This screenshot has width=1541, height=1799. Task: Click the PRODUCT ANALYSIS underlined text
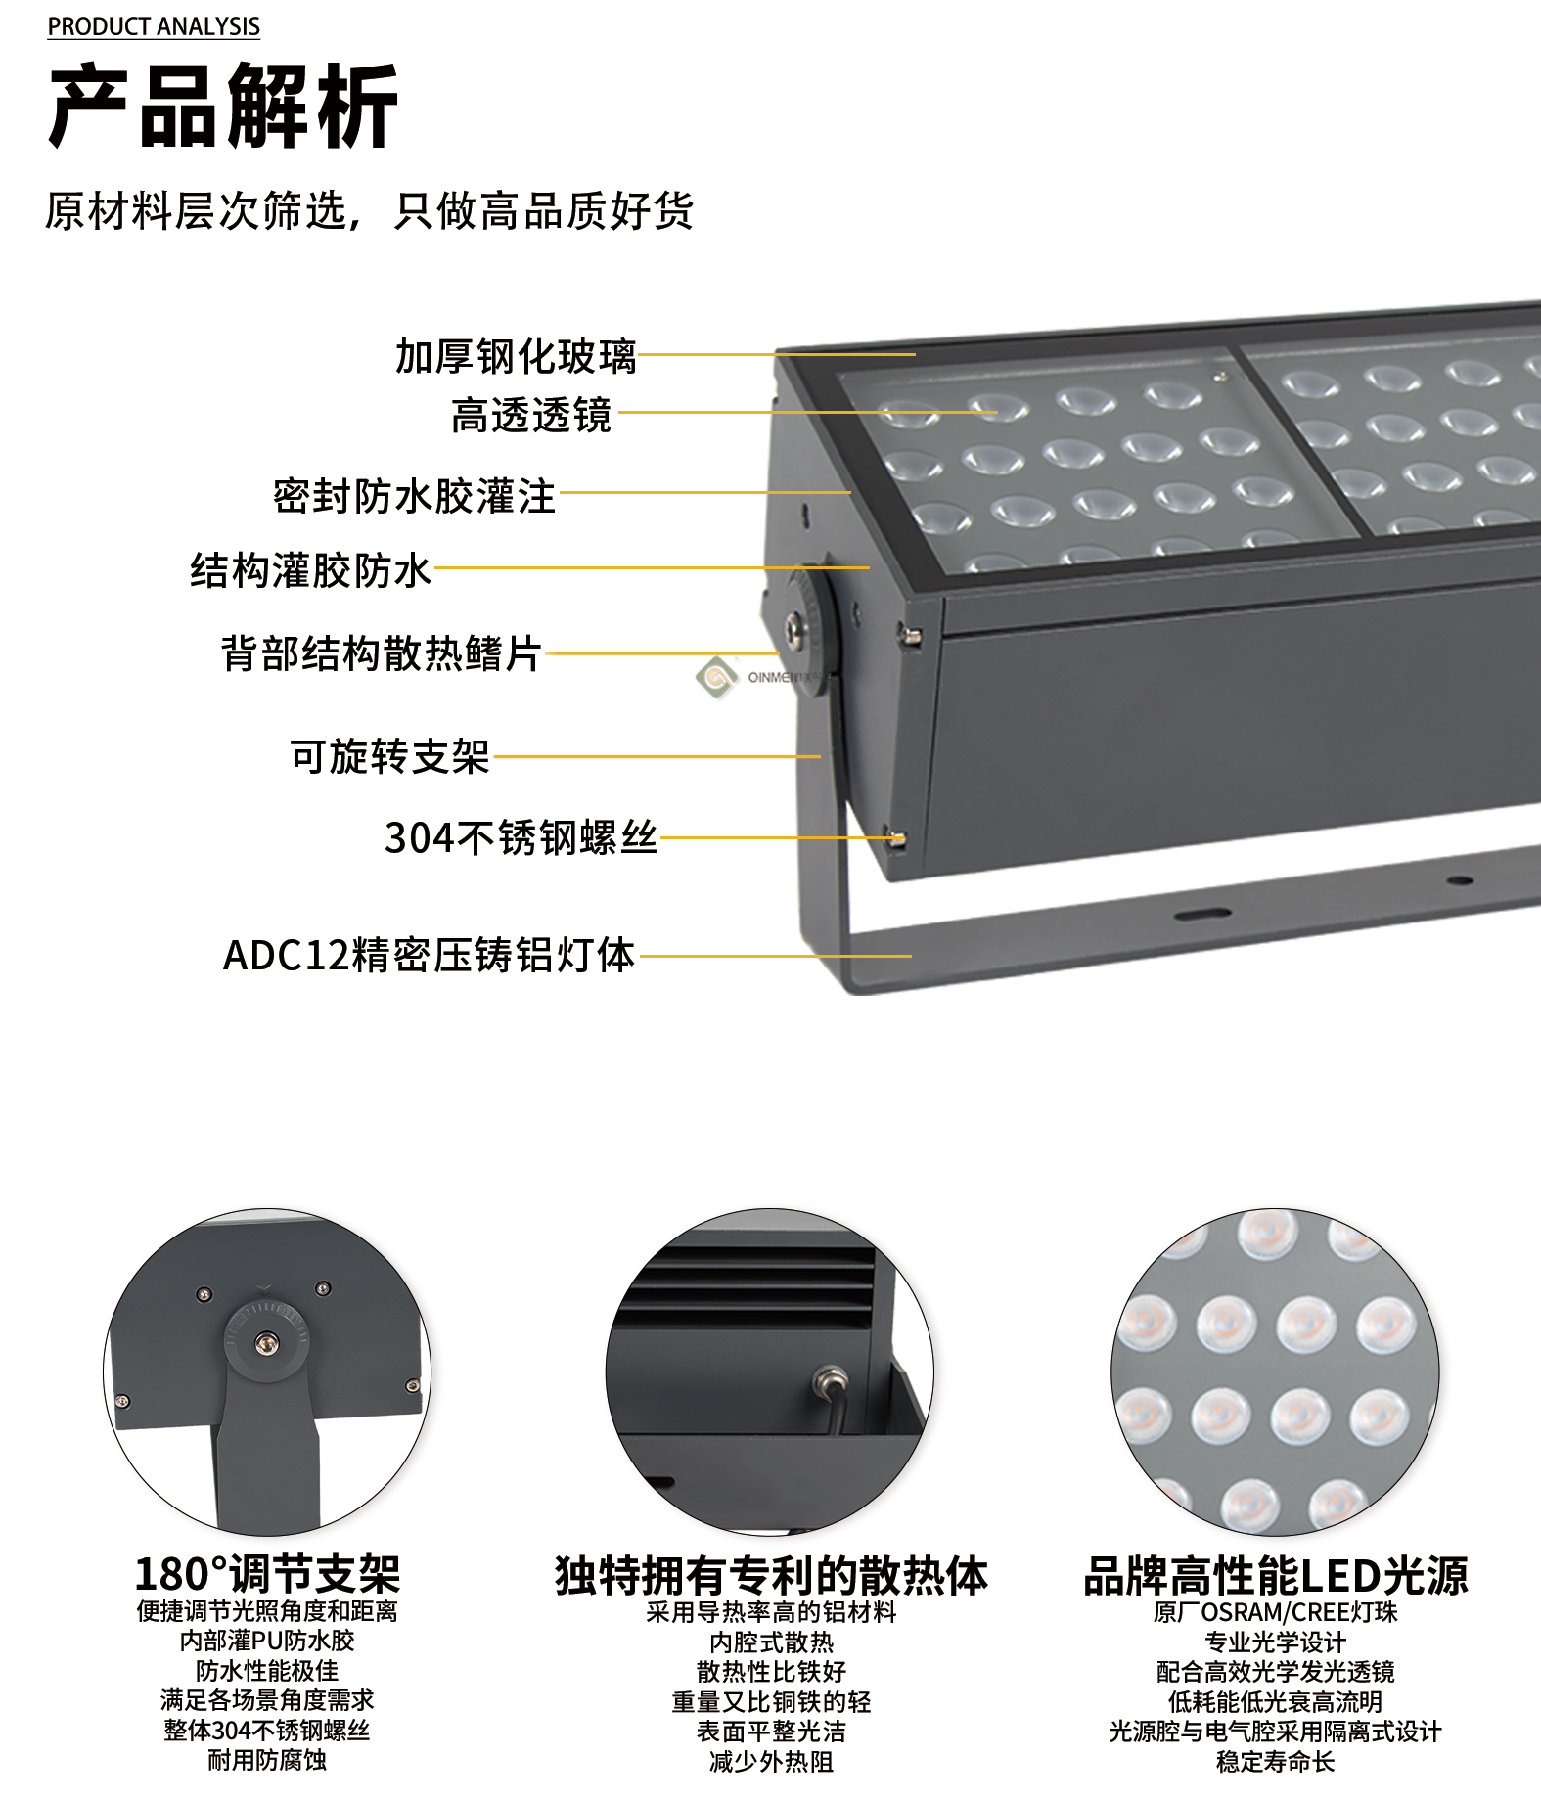click(x=154, y=26)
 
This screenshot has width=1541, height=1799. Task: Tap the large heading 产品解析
click(x=223, y=106)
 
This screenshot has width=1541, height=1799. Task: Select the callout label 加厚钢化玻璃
click(x=516, y=356)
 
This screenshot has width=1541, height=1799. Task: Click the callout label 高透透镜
click(x=531, y=415)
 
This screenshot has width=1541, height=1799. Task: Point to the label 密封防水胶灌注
click(x=414, y=496)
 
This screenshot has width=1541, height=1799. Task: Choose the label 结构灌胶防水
click(x=310, y=570)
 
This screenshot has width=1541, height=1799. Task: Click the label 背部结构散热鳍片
click(x=381, y=653)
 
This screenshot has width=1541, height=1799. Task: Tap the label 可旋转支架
click(x=389, y=756)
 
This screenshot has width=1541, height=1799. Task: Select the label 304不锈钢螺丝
click(x=521, y=837)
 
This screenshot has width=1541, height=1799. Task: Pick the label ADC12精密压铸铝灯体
click(x=430, y=956)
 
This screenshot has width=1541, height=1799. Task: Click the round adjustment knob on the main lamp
click(x=809, y=627)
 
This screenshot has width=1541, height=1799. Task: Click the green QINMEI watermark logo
click(x=716, y=676)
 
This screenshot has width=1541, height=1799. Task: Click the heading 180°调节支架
click(x=267, y=1574)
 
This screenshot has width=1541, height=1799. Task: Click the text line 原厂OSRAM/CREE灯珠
click(x=1276, y=1611)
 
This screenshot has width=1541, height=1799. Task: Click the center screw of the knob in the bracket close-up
click(x=265, y=1342)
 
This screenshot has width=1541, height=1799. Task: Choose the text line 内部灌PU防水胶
click(x=267, y=1641)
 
